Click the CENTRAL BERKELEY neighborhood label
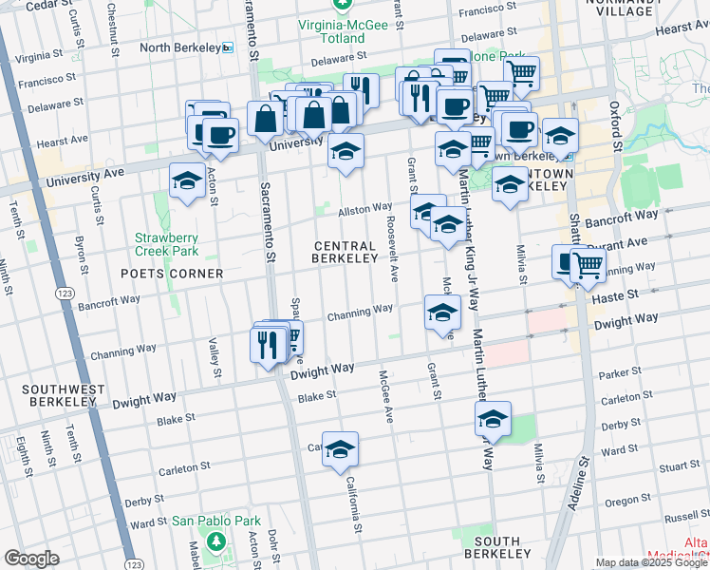click(346, 252)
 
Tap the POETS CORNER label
click(172, 274)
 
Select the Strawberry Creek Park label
click(166, 245)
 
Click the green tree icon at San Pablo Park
click(216, 541)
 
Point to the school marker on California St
click(340, 450)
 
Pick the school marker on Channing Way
click(441, 313)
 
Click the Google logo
click(31, 559)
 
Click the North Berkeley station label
click(180, 47)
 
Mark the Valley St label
click(214, 351)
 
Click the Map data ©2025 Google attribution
click(651, 562)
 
